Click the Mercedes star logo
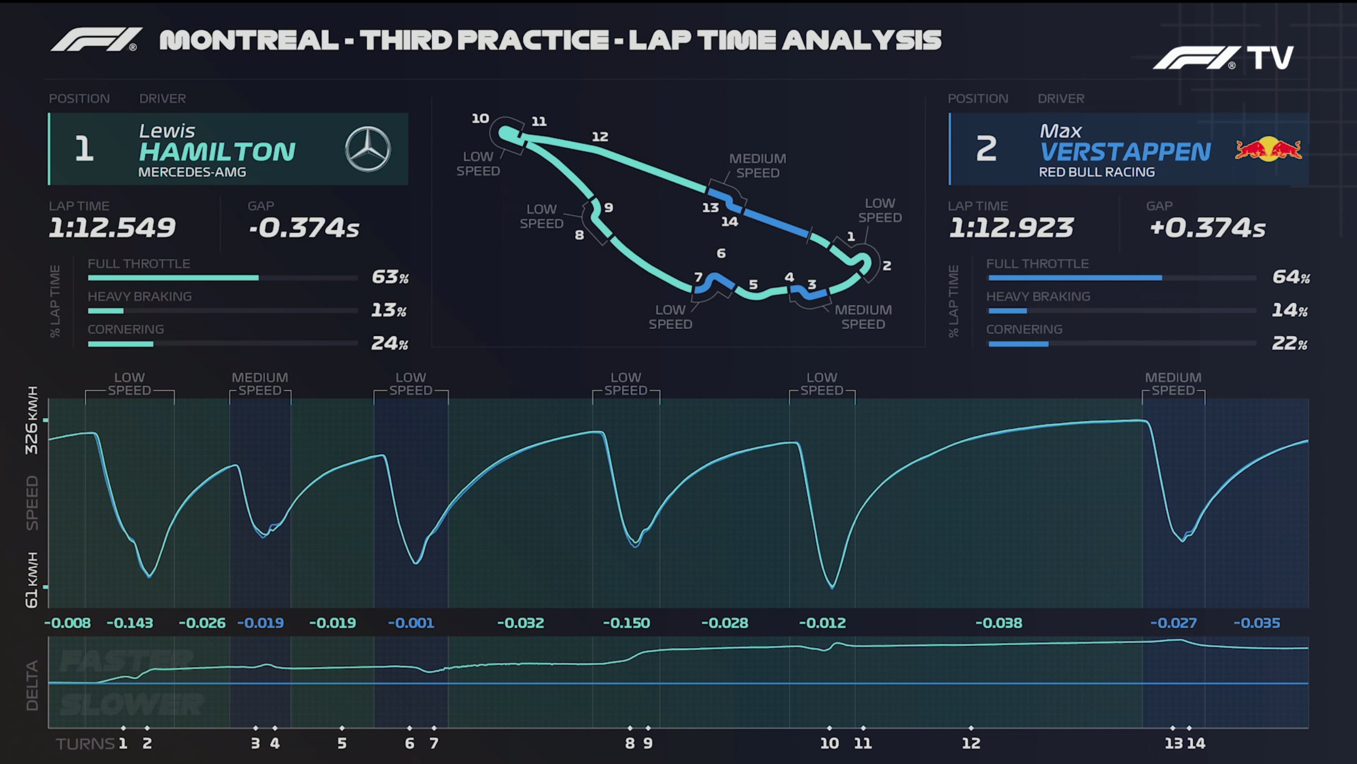point(368,149)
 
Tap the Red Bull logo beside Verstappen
point(1268,149)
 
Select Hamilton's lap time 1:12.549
point(112,228)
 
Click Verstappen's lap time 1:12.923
point(1011,228)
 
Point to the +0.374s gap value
point(1208,228)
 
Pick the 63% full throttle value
point(390,277)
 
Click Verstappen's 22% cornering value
point(1289,343)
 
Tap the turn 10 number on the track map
point(480,118)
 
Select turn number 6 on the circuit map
point(721,254)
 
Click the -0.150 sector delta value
point(627,623)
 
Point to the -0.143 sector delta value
point(130,623)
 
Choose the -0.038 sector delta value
point(999,623)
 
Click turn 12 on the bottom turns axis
point(971,743)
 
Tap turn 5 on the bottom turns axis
point(342,743)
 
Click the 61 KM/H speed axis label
point(32,580)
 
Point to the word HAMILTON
point(217,152)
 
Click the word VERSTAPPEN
point(1125,152)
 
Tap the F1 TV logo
point(1223,58)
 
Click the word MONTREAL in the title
point(249,40)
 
